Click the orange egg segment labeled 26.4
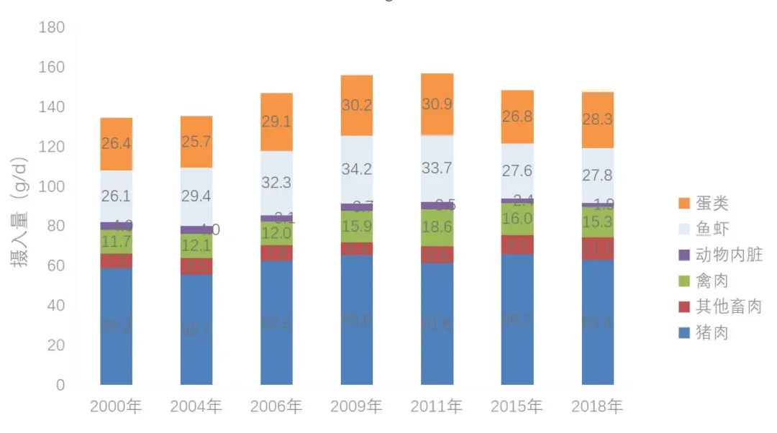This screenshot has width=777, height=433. pos(116,144)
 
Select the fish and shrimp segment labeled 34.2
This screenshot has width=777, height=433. pos(357,170)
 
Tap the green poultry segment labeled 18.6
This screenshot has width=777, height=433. pos(437,228)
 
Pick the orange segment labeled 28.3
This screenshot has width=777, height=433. pos(598,120)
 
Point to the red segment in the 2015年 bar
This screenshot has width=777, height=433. pos(517,245)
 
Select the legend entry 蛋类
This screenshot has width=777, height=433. pos(712,203)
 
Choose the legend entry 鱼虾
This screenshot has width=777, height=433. pos(712,229)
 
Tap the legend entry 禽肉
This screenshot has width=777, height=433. pos(712,281)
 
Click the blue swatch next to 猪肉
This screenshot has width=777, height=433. pos(683,333)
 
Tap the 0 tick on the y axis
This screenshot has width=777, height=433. pos(60,385)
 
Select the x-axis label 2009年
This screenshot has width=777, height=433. pos(356,406)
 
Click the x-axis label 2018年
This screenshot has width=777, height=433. pos(597,406)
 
